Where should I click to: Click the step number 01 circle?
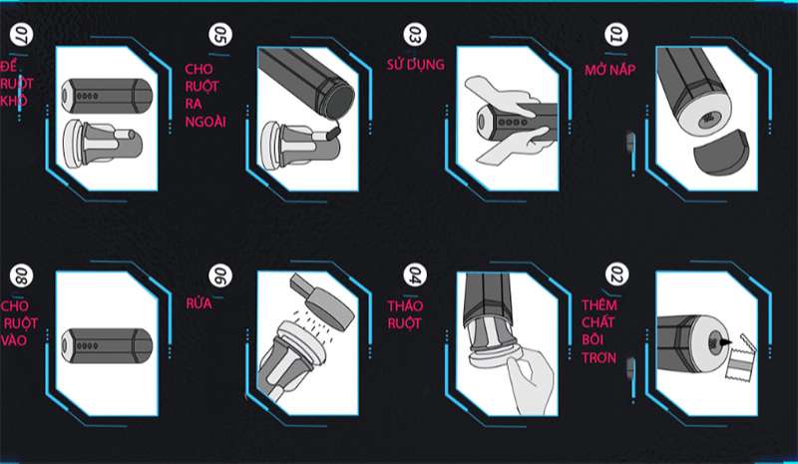point(615,34)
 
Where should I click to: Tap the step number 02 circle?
point(616,274)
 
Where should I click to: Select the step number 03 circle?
point(415,34)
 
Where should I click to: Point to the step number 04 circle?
point(415,274)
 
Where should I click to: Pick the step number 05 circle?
point(220,34)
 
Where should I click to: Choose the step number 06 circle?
point(220,275)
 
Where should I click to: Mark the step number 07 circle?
point(21,34)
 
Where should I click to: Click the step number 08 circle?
point(21,275)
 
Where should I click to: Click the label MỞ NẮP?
point(609,69)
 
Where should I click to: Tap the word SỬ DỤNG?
point(415,65)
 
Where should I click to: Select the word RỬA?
point(199,303)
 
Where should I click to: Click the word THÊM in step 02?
point(599,305)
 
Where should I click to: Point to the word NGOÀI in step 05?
point(205,123)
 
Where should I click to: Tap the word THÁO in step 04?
point(405,305)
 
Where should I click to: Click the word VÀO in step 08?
point(14,340)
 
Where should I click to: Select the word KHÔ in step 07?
point(13,100)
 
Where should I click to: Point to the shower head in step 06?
point(323,302)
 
